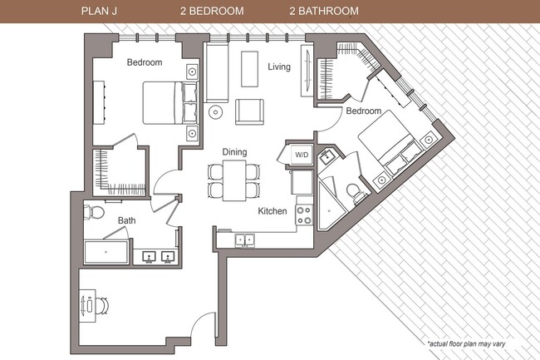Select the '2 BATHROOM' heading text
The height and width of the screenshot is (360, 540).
tap(324, 12)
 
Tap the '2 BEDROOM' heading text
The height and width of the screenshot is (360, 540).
tap(212, 12)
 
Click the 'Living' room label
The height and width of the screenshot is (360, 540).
tap(278, 67)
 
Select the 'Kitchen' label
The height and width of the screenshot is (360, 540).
tap(272, 211)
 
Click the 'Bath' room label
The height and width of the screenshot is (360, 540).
tap(126, 220)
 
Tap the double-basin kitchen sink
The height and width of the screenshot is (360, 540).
tap(245, 239)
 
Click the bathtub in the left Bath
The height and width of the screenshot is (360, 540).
tap(106, 252)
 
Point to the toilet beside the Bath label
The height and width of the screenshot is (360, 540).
tap(95, 211)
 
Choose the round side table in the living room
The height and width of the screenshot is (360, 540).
tap(215, 111)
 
